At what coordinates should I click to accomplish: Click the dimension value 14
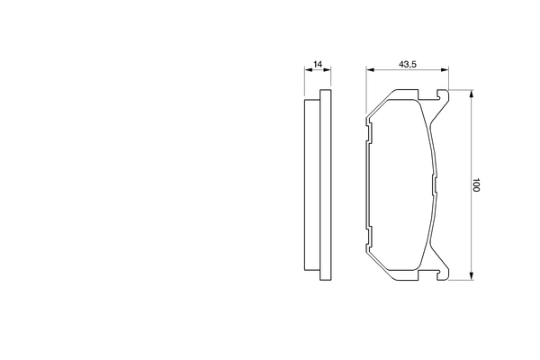click(x=317, y=64)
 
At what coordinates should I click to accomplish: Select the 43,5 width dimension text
click(x=407, y=64)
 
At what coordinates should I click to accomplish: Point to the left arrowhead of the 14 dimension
click(x=305, y=72)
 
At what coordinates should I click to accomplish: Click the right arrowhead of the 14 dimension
click(x=328, y=72)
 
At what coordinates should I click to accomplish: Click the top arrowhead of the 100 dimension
click(x=471, y=94)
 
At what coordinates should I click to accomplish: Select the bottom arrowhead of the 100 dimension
click(x=471, y=277)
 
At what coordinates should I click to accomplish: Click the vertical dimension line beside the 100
click(x=471, y=144)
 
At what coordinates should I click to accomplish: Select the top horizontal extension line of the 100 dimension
click(x=459, y=90)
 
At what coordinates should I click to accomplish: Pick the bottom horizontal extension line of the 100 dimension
click(x=459, y=281)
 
